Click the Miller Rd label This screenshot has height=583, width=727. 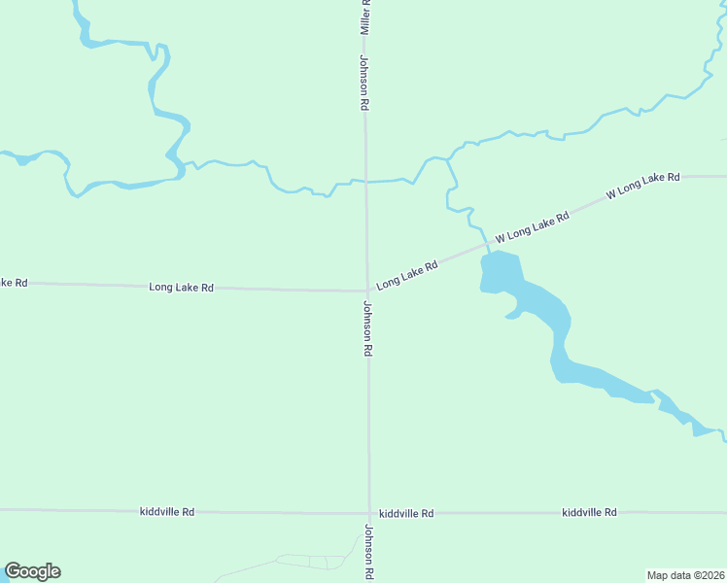365,17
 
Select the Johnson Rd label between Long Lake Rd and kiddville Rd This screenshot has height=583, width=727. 368,328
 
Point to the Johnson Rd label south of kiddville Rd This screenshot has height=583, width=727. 369,552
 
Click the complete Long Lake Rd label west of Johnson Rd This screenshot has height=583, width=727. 181,288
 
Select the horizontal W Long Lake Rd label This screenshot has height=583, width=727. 642,186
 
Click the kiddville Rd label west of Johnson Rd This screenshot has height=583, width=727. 167,511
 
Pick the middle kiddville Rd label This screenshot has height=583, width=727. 406,513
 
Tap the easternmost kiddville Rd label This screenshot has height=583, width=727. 589,512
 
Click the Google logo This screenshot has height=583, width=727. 33,571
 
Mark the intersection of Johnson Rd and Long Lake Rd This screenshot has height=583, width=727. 366,290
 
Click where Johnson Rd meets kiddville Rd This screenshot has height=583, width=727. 368,513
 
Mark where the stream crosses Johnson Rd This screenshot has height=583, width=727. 365,181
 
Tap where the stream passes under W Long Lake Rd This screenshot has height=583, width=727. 485,246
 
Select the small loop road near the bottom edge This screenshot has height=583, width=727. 311,562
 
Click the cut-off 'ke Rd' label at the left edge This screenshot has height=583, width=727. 13,283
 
